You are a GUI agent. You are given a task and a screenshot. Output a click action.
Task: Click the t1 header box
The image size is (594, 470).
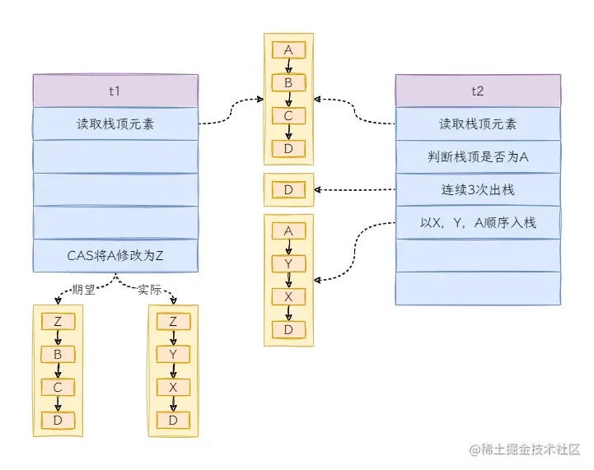[x=115, y=91]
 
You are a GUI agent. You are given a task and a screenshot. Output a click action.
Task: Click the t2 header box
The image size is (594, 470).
[x=478, y=91]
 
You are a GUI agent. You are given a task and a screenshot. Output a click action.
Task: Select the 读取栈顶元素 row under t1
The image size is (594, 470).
[x=115, y=124]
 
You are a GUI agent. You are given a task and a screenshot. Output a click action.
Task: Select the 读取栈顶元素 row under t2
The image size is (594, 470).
[x=478, y=124]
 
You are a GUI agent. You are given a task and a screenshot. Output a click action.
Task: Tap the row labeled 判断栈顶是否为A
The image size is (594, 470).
[x=478, y=157]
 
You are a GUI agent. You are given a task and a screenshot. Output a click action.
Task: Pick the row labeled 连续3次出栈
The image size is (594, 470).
[x=478, y=190]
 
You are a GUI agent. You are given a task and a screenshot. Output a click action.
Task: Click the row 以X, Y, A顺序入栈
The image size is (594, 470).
[x=478, y=222]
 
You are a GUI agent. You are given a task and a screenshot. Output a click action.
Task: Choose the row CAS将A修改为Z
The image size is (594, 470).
[x=115, y=255]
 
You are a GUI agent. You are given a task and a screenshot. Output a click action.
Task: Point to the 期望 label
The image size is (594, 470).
[x=83, y=291]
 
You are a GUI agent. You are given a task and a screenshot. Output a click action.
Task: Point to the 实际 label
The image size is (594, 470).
[x=149, y=291]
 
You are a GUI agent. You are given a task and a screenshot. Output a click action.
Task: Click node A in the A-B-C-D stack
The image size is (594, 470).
[x=288, y=50]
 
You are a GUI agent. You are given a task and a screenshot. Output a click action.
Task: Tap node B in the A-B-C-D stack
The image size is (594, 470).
[x=288, y=83]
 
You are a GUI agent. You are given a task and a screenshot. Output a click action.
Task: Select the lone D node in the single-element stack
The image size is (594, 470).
[x=288, y=190]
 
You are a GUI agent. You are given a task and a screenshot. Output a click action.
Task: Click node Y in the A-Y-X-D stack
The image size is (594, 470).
[x=288, y=263]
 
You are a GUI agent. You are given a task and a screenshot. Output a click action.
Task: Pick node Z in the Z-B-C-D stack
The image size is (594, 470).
[x=58, y=322]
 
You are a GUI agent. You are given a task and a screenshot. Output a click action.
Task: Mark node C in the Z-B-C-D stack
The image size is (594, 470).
[x=58, y=388]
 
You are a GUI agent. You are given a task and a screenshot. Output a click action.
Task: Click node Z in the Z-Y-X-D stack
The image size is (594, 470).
[x=173, y=322]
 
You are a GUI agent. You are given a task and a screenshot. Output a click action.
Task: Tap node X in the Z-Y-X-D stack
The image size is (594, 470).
[x=173, y=388]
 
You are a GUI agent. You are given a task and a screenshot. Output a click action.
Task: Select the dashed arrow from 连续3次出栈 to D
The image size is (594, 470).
[x=354, y=190]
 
